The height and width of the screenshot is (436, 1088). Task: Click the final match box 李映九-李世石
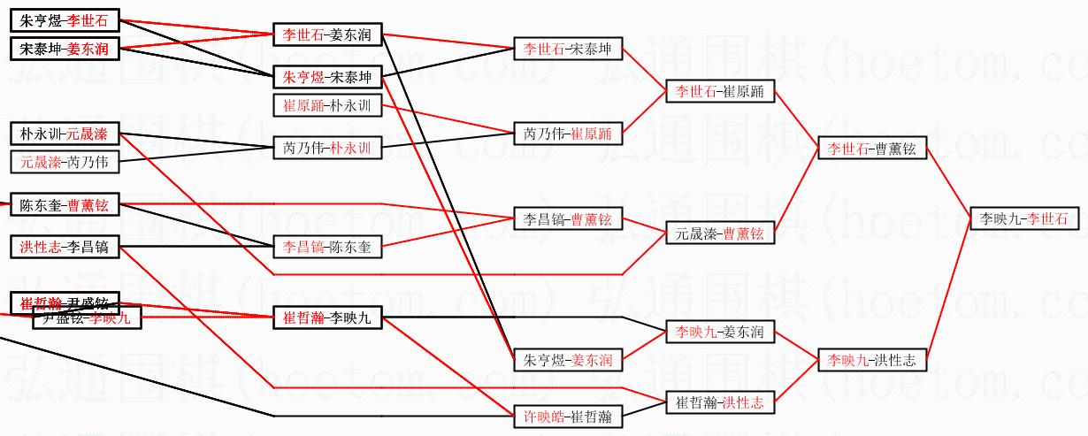(1024, 218)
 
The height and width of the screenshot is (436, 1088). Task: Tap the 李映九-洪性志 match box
(871, 360)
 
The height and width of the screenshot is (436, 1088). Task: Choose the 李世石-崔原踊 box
(720, 91)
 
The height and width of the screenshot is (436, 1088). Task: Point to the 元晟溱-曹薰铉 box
(719, 233)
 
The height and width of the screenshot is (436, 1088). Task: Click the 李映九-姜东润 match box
(719, 333)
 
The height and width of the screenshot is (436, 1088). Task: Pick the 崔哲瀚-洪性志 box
(719, 402)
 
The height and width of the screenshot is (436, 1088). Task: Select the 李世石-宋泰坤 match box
(567, 49)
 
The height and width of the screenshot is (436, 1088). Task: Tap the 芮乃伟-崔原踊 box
(567, 134)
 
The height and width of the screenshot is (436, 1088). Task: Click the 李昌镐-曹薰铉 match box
(567, 218)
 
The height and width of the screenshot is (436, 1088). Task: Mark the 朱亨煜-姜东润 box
(567, 360)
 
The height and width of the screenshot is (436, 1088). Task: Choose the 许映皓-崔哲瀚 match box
(567, 415)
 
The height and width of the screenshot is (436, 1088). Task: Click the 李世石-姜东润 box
(326, 35)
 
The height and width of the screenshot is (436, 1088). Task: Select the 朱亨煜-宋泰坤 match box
(326, 77)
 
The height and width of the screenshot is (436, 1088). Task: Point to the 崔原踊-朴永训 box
(326, 106)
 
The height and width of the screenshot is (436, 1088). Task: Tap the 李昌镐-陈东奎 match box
(326, 247)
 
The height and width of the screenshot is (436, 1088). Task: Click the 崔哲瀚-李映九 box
(326, 317)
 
